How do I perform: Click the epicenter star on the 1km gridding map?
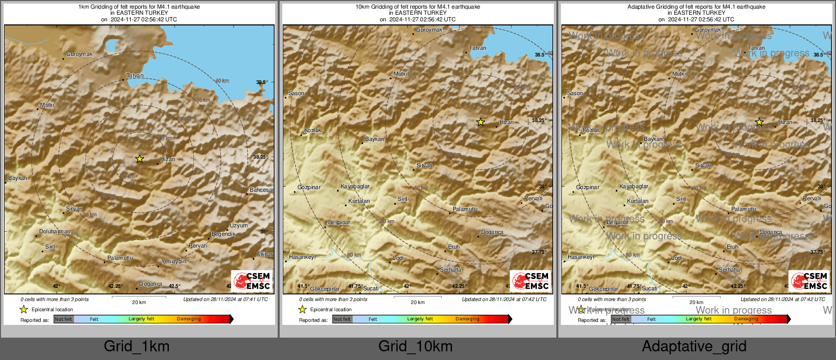(139, 159)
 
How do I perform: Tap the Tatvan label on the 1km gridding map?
(135, 76)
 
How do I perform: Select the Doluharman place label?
(55, 232)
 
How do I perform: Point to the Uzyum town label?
(238, 225)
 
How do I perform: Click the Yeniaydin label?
(173, 262)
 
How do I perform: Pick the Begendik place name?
(223, 234)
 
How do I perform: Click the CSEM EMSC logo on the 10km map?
(531, 281)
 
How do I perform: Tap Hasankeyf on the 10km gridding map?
(302, 257)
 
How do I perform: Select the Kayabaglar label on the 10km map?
(355, 187)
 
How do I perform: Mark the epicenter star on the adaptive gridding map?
(759, 122)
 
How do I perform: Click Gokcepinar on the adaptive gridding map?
(604, 289)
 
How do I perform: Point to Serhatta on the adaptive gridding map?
(729, 270)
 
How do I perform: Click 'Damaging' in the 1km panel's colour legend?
(189, 319)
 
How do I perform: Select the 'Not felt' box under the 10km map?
(342, 319)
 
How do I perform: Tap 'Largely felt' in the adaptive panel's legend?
(699, 319)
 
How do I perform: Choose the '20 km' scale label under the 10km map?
(417, 303)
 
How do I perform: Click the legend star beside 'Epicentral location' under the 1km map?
(23, 309)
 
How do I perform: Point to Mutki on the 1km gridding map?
(47, 105)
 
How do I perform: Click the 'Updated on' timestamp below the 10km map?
(504, 299)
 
